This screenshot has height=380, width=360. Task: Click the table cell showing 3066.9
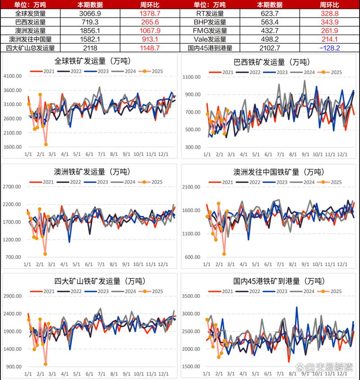[90, 13]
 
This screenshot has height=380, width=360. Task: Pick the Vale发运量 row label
[210, 39]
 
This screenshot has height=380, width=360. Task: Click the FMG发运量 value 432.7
[270, 31]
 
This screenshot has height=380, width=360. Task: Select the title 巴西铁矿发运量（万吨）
[270, 61]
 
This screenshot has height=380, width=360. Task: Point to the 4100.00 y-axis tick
[13, 76]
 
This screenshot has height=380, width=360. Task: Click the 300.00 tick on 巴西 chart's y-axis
[193, 148]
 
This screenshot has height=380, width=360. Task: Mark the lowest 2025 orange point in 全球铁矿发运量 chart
[46, 144]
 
